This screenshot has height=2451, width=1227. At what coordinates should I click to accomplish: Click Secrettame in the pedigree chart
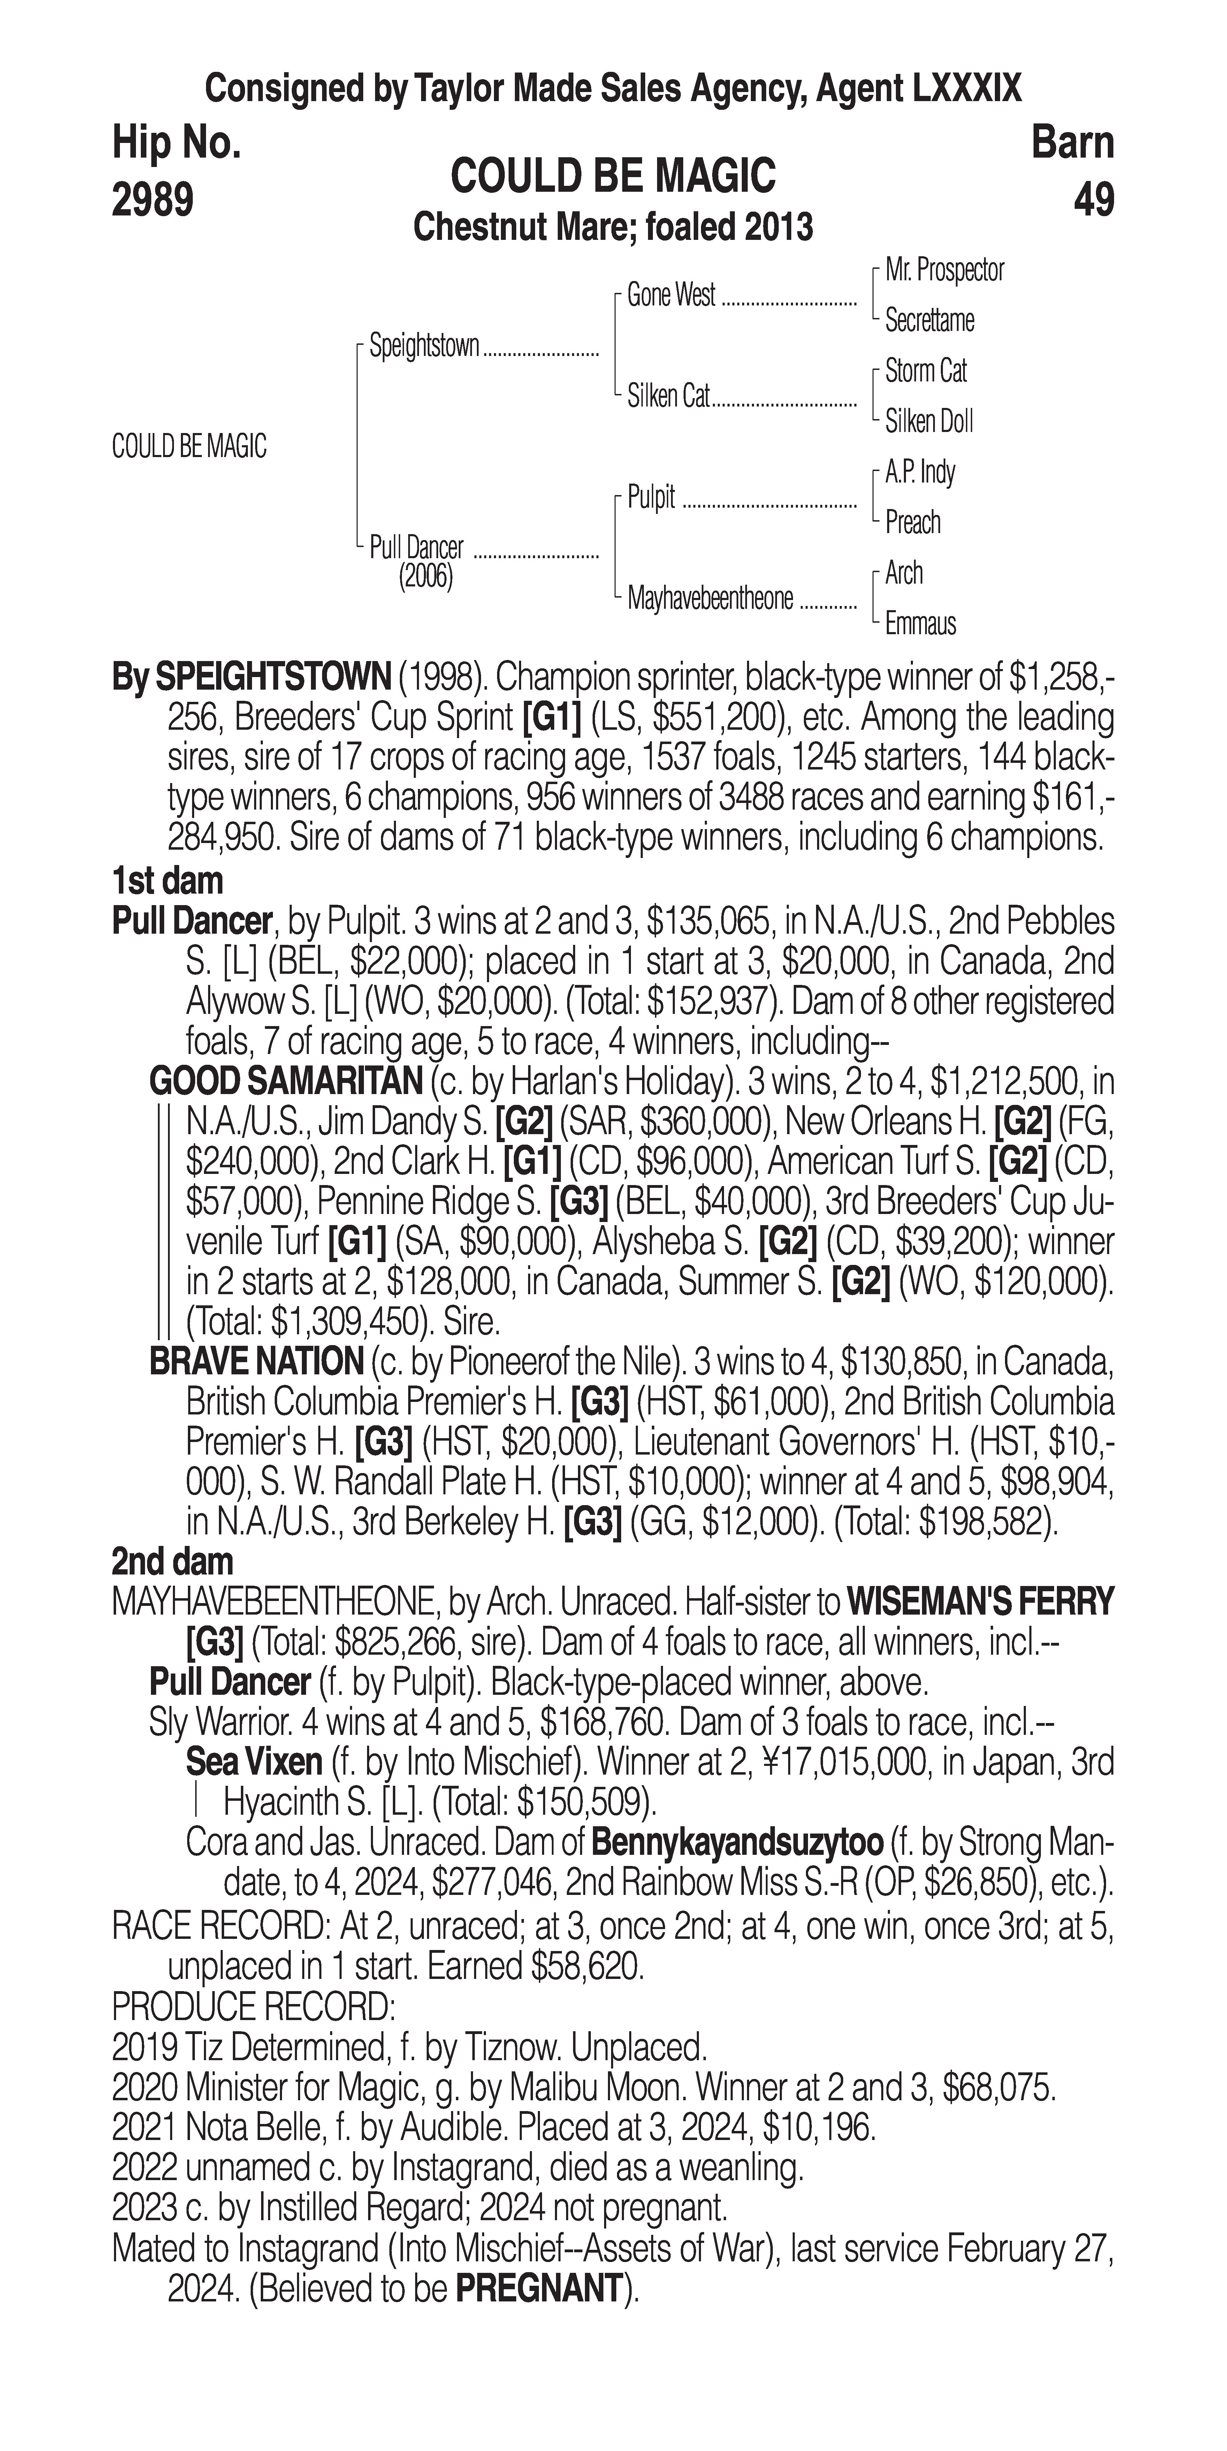tap(929, 321)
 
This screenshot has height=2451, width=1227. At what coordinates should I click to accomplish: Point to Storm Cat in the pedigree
tap(925, 371)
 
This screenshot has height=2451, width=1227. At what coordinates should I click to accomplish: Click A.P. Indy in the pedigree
tap(920, 472)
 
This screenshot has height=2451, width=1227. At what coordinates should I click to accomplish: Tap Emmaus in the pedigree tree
tap(920, 624)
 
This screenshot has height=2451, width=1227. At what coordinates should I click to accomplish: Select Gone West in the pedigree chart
tap(671, 296)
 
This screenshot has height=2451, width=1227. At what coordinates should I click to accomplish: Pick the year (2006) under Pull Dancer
tap(425, 577)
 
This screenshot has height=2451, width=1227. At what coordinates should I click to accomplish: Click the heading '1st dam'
tap(167, 881)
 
